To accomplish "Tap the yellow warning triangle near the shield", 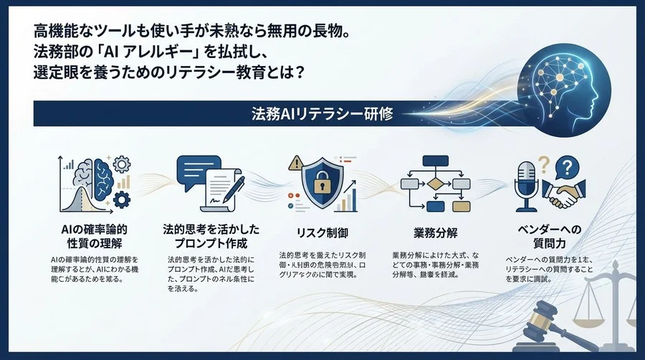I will pyautogui.click(x=295, y=163).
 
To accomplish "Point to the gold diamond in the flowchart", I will pyautogui.click(x=436, y=182).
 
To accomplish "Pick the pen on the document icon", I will pyautogui.click(x=234, y=189).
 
